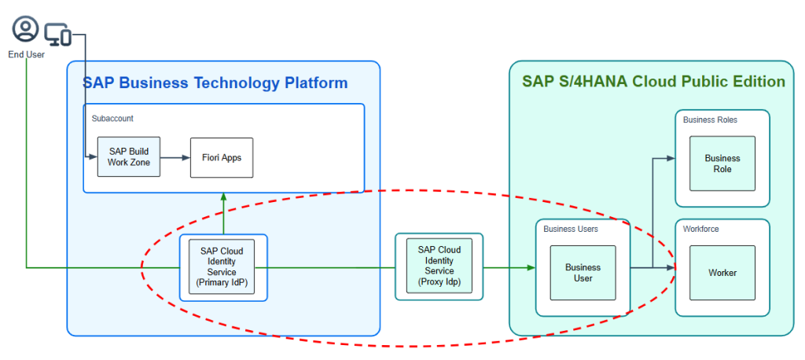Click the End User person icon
(26, 30)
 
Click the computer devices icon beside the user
(57, 34)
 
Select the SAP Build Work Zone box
(128, 156)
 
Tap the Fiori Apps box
(221, 157)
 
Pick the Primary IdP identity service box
(222, 267)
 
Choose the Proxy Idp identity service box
(439, 266)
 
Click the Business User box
(583, 272)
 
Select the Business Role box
(722, 163)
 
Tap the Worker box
(722, 272)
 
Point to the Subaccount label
(112, 119)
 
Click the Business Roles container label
(710, 119)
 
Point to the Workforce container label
(701, 229)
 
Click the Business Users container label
(571, 229)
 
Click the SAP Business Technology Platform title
(215, 83)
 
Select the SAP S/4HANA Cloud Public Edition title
(653, 82)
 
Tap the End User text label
(26, 54)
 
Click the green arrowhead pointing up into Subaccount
(223, 197)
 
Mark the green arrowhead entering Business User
(531, 268)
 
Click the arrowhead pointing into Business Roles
(670, 158)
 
